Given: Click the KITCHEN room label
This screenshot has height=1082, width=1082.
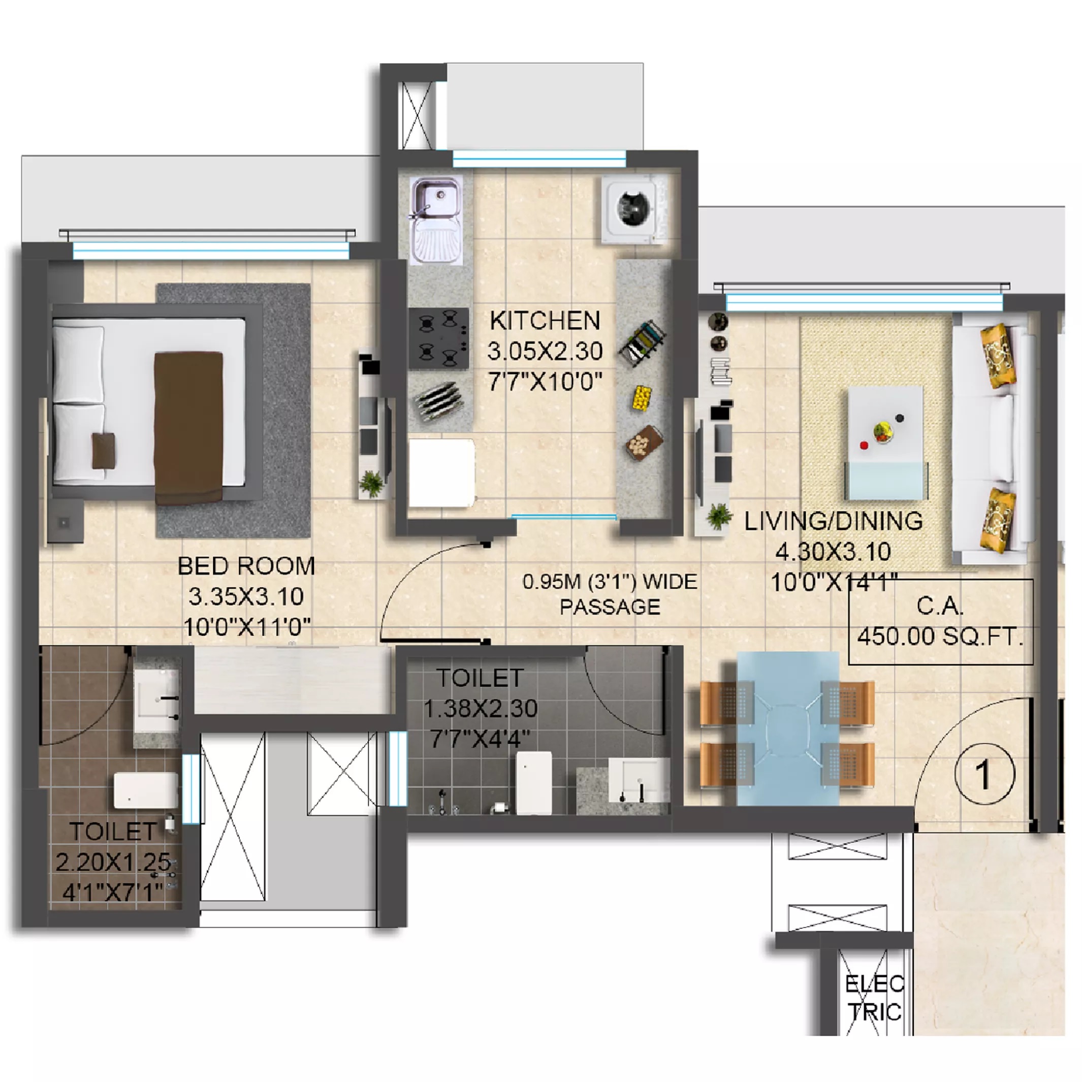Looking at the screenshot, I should pos(545,321).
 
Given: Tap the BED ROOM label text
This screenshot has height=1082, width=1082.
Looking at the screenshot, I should pos(246,566).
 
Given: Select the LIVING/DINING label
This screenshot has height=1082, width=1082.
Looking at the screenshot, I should pos(833,521).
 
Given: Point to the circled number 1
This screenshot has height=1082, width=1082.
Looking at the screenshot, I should pos(984,775).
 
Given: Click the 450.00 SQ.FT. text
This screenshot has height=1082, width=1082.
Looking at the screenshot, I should pos(940,636).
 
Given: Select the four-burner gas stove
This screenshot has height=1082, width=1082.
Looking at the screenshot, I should pos(438,338).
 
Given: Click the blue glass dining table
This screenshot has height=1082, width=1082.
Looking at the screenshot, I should pos(787,728).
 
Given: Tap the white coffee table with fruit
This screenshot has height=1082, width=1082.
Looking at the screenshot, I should pos(885,431).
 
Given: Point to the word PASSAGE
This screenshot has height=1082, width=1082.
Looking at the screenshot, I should pos(610,607).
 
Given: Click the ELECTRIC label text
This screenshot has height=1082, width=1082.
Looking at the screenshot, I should pos(874,998).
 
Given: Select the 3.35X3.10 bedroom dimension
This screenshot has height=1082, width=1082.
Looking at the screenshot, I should pos(246,596).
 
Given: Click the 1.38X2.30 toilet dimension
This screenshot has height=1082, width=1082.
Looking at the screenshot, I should pos(481,709).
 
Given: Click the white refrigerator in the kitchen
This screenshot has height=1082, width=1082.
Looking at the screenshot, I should pos(441,473).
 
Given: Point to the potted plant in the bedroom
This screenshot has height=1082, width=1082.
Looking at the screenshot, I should pos(371,483).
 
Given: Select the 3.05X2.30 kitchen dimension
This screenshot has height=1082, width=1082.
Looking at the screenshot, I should pos(545,351).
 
